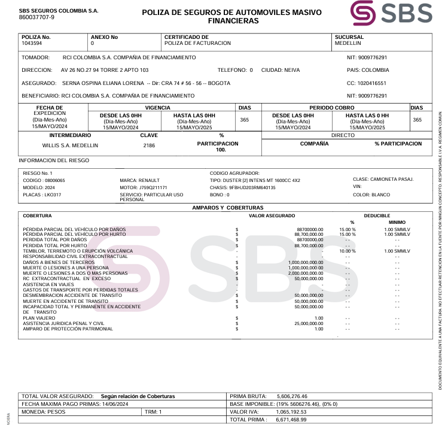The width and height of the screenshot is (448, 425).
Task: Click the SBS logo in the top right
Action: [x=391, y=14]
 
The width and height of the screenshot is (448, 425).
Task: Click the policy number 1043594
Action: [x=32, y=44]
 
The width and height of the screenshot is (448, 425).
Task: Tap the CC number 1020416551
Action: [x=371, y=83]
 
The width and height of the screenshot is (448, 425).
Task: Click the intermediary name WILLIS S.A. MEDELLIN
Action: [x=70, y=145]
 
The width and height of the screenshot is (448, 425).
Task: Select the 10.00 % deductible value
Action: [x=348, y=251]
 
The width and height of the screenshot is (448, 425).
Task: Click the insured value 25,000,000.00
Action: [x=309, y=323]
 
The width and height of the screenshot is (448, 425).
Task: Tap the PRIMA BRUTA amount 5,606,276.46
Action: [x=292, y=396]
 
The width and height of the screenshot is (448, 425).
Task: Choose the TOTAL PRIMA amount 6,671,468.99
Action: [x=292, y=420]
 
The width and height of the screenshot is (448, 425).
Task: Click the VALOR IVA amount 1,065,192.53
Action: [x=292, y=412]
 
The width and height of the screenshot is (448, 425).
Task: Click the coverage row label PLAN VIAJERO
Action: [x=39, y=318]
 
